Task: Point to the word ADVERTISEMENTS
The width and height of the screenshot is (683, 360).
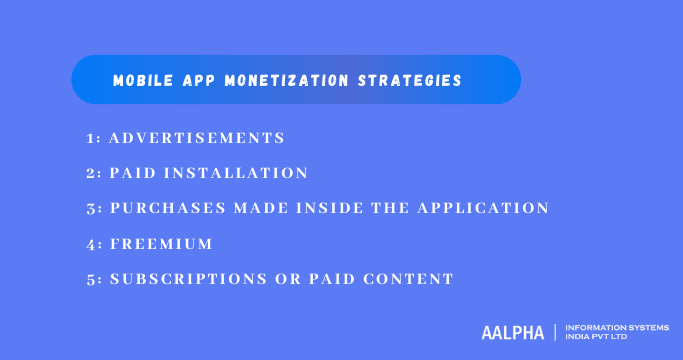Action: [197, 138]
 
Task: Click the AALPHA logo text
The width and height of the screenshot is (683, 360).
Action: [512, 332]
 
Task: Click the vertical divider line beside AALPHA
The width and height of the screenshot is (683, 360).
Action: [555, 332]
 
